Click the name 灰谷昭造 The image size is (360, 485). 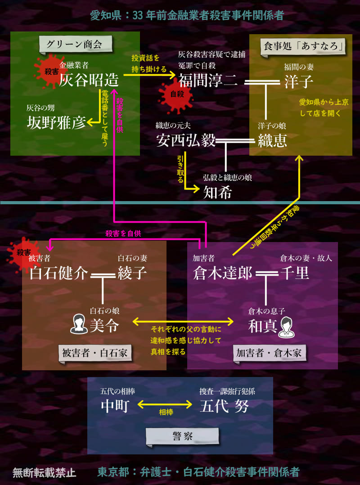[89, 81]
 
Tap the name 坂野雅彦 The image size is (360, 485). [56, 122]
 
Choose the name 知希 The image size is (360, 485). [217, 193]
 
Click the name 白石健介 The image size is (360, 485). [58, 273]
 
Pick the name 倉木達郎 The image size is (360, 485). [222, 273]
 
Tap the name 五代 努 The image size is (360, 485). [224, 406]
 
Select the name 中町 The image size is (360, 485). [115, 406]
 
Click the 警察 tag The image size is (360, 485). [183, 436]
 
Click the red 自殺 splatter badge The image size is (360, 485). [174, 94]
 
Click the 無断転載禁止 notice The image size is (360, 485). [44, 473]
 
